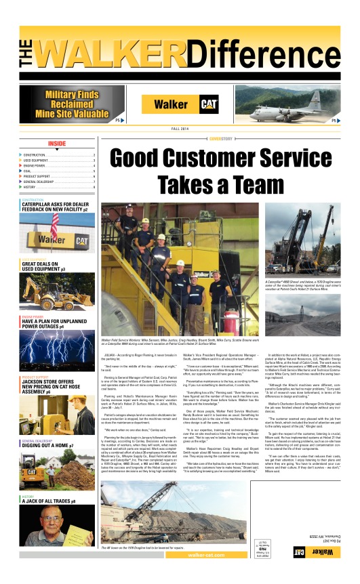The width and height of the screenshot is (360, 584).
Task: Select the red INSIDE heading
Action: (x=57, y=144)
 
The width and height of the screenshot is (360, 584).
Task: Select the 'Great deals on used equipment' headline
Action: (x=44, y=266)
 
